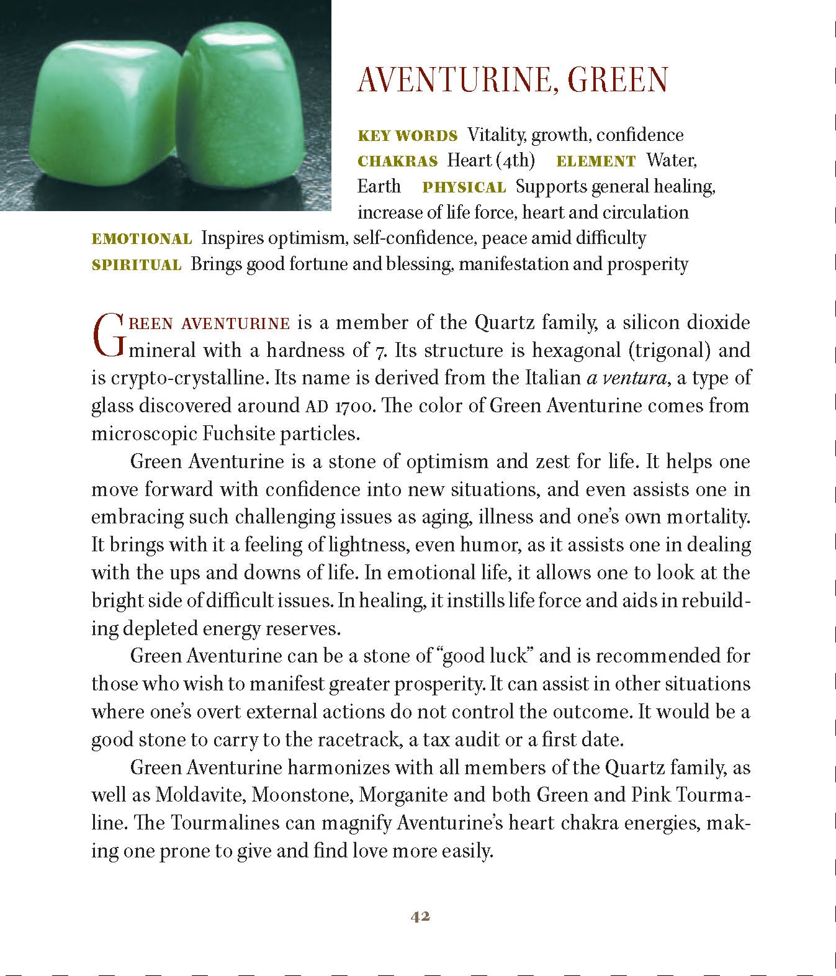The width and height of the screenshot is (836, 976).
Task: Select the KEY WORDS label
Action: (x=408, y=136)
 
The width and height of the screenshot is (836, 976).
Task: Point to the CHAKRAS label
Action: (x=398, y=161)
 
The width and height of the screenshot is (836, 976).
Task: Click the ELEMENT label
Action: (x=596, y=161)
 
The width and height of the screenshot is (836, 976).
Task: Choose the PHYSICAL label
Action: (x=464, y=188)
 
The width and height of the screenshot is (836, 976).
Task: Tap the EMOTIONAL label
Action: (x=142, y=239)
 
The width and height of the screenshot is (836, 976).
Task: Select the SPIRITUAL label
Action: (x=137, y=265)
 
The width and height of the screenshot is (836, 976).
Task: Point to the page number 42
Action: (x=420, y=916)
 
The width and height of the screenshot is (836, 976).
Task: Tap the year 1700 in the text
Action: (x=354, y=407)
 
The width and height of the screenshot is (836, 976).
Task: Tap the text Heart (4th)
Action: (x=491, y=161)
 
